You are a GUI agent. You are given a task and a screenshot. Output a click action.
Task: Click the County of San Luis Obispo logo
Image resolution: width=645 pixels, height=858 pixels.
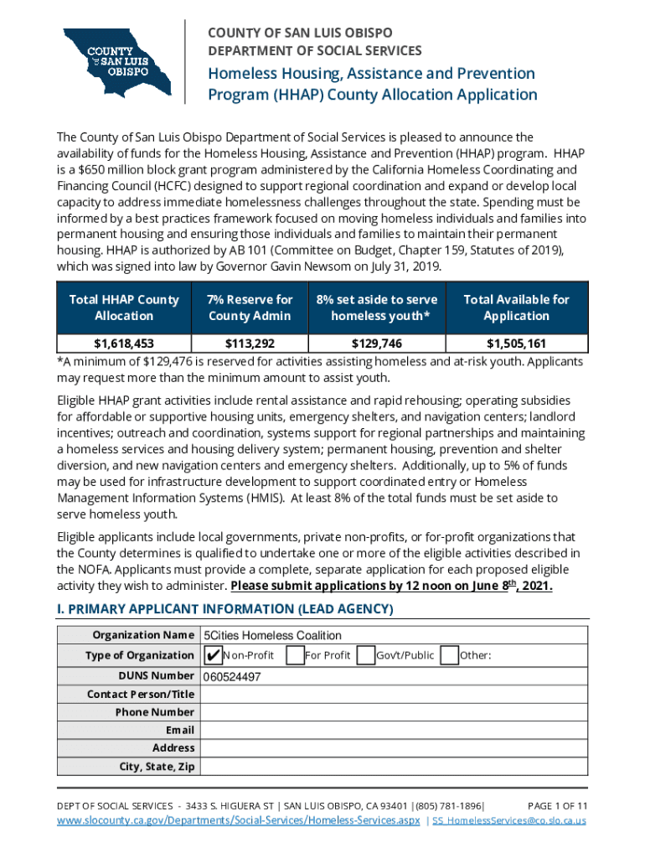click(x=116, y=61)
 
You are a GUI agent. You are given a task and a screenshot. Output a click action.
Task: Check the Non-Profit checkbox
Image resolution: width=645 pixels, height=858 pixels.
click(x=212, y=654)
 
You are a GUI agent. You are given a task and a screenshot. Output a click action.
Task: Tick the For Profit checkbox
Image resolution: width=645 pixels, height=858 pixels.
click(x=294, y=654)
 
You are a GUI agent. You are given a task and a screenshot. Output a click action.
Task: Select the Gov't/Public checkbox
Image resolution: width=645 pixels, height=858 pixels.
click(x=365, y=654)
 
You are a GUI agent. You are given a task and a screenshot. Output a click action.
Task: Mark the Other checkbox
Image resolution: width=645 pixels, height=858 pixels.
click(x=449, y=654)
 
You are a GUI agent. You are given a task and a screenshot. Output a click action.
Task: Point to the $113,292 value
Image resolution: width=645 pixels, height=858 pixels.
click(x=250, y=343)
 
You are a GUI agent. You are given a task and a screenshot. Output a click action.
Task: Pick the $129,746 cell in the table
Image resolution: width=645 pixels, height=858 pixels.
click(x=377, y=343)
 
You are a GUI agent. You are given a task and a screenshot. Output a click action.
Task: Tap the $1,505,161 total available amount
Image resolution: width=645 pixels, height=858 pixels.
click(x=516, y=343)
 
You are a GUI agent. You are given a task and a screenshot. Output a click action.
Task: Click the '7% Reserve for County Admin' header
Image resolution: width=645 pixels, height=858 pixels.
click(x=250, y=308)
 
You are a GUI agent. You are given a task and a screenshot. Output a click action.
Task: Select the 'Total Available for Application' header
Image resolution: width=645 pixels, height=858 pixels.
click(x=516, y=308)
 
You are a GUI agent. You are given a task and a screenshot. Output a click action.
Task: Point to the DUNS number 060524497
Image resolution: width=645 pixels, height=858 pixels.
click(x=232, y=676)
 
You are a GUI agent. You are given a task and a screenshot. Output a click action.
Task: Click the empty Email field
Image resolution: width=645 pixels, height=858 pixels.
click(x=394, y=730)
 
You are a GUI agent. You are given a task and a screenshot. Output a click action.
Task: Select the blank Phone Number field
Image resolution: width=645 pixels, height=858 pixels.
click(x=394, y=712)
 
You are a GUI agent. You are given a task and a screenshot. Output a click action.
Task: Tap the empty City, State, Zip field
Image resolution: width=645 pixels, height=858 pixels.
click(x=394, y=766)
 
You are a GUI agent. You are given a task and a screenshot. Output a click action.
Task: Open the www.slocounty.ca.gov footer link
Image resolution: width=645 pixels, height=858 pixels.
click(x=238, y=821)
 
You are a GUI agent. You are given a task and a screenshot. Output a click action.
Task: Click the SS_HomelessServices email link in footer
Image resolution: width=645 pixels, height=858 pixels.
click(x=509, y=821)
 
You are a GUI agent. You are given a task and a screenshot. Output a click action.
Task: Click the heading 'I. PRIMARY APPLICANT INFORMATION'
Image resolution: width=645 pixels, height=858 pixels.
click(x=224, y=608)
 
